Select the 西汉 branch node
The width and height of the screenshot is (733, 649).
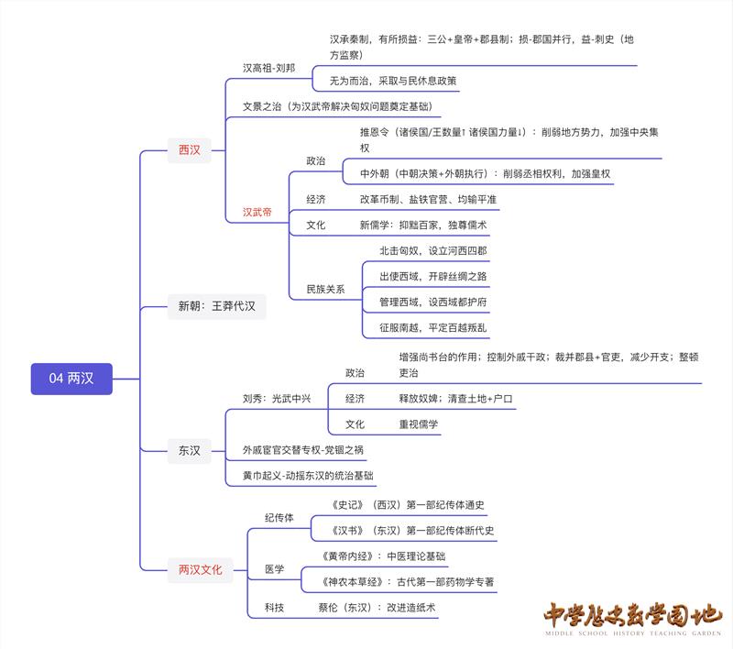pyautogui.click(x=189, y=149)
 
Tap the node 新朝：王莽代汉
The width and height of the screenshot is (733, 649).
pyautogui.click(x=216, y=306)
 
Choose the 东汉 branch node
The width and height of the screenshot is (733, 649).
pyautogui.click(x=189, y=449)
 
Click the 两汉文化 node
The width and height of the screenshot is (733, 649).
pyautogui.click(x=200, y=570)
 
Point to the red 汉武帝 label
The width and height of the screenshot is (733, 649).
pyautogui.click(x=257, y=212)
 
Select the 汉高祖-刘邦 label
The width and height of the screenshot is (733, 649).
pyautogui.click(x=268, y=68)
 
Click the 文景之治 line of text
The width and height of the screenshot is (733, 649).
pyautogui.click(x=336, y=107)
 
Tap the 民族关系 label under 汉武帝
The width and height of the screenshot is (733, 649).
pyautogui.click(x=325, y=290)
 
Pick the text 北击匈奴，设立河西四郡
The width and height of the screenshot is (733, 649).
pyautogui.click(x=433, y=250)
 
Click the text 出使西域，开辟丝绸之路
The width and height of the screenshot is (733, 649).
pyautogui.click(x=433, y=276)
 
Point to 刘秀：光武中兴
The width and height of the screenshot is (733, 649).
pyautogui.click(x=277, y=399)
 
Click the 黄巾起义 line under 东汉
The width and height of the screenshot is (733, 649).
pyautogui.click(x=308, y=476)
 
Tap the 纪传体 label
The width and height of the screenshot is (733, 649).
pyautogui.click(x=279, y=518)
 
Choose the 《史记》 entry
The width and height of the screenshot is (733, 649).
pyautogui.click(x=399, y=505)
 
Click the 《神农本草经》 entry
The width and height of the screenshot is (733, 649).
pyautogui.click(x=410, y=581)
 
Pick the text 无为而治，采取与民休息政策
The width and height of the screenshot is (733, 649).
pyautogui.click(x=393, y=81)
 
